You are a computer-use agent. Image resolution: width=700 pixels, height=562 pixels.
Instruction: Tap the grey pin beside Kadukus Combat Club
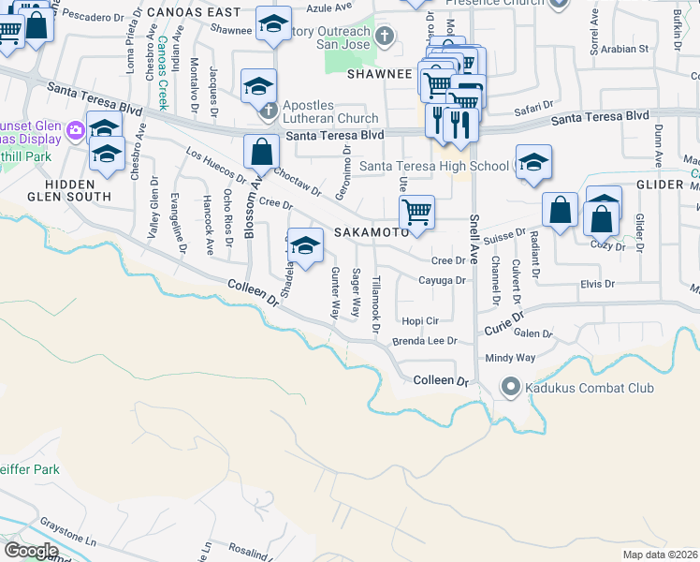point(511,386)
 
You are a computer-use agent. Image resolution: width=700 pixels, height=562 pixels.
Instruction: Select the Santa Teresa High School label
point(435,167)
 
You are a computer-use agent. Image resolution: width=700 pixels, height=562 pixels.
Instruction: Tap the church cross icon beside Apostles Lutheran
point(269,111)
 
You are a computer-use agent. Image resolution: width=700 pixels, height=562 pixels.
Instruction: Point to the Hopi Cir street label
point(419,319)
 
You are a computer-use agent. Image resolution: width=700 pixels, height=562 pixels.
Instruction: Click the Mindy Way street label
point(509,358)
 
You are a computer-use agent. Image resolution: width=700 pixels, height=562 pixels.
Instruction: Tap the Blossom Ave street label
point(250,212)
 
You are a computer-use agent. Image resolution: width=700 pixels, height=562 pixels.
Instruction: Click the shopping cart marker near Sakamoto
point(416,210)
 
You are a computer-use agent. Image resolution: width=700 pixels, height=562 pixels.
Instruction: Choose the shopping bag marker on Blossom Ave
point(262,152)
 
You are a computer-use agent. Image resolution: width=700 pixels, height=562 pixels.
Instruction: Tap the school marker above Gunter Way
point(305,246)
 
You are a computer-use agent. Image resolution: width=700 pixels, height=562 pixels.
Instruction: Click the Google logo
point(30,551)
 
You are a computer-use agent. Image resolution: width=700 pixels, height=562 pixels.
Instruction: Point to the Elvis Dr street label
point(596,283)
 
